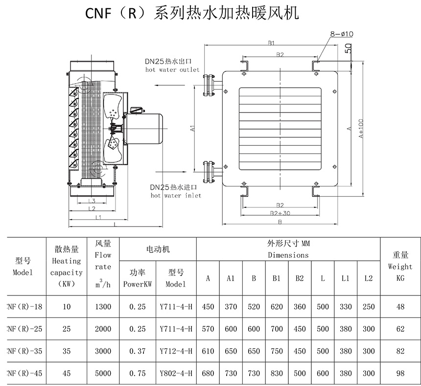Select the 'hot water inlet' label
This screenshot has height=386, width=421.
tap(176, 195)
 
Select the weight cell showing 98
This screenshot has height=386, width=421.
tap(400, 373)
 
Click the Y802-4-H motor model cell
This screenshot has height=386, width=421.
tap(176, 373)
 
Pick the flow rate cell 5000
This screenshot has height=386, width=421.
tap(103, 373)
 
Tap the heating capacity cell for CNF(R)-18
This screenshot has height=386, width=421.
tap(67, 307)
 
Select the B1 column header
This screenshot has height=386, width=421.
tap(277, 278)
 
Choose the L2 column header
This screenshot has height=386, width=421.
tap(368, 278)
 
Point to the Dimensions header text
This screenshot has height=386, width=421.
tap(288, 255)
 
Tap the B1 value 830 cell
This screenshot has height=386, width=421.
tap(277, 373)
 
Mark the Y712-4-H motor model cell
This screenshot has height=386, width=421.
tap(176, 351)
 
